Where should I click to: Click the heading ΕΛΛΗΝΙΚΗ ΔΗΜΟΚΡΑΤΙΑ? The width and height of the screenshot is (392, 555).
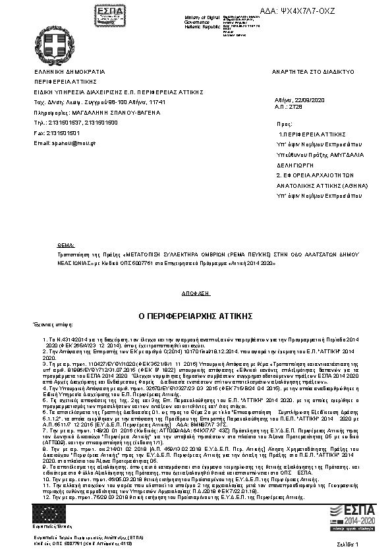pos(69,71)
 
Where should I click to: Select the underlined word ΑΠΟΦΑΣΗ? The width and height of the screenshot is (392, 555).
pos(191,291)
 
